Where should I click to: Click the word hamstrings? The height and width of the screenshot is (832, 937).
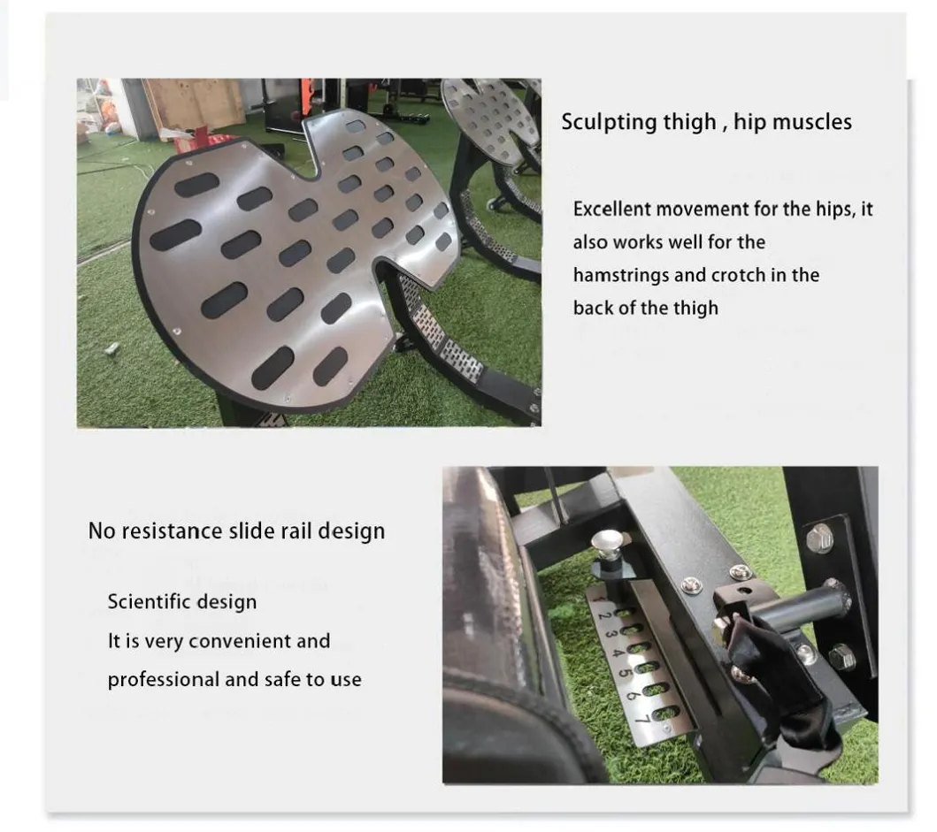[x=621, y=275]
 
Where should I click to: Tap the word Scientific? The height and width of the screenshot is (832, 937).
[x=144, y=602]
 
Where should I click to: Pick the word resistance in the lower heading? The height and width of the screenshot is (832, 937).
[x=167, y=531]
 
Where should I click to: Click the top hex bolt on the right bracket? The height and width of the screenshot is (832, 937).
[x=819, y=537]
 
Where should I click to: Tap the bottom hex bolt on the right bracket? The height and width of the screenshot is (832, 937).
[x=841, y=655]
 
